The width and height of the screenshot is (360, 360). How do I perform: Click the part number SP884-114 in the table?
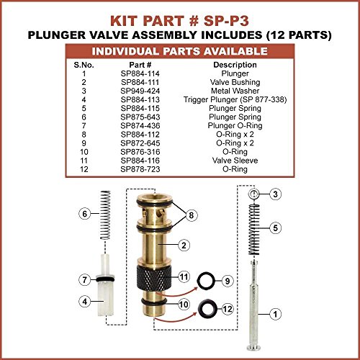[140, 73]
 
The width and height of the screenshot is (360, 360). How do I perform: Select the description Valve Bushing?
[235, 82]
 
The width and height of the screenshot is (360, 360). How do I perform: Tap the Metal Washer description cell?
[235, 91]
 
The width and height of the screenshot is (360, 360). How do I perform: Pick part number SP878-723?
[140, 169]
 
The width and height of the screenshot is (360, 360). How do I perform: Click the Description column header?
[235, 65]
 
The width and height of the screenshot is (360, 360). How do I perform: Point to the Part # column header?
[140, 65]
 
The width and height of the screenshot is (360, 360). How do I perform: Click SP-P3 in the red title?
[226, 21]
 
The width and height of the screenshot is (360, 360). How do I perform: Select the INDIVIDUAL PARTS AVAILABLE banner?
[180, 51]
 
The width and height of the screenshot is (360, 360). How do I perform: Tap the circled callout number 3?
[275, 194]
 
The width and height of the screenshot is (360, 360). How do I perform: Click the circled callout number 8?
[192, 215]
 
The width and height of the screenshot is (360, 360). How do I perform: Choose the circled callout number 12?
[228, 309]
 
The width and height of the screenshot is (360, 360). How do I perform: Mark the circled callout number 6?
[85, 214]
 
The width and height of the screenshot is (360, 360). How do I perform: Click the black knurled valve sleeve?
[154, 277]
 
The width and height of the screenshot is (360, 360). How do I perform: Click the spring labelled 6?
[105, 215]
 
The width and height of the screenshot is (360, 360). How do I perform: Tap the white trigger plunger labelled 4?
[105, 284]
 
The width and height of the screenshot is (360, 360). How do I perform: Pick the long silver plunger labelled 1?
[254, 305]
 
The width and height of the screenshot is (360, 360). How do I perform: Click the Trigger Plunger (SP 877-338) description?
[235, 99]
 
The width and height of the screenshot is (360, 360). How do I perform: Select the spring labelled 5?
[254, 230]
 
